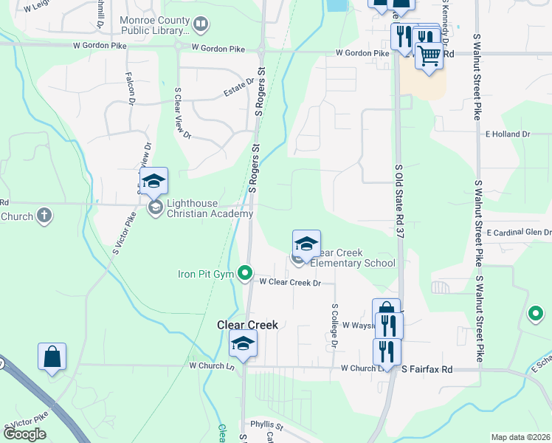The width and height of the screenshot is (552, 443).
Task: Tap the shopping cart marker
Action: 429,55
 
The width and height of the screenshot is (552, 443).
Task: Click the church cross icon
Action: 44,216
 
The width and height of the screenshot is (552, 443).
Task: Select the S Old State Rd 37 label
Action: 399,201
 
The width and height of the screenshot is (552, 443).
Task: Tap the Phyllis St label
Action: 266,425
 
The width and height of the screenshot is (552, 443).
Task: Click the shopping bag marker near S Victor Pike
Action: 52,357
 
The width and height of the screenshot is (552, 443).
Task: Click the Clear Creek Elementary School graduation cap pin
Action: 306,243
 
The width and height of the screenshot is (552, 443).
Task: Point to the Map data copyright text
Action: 520,437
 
